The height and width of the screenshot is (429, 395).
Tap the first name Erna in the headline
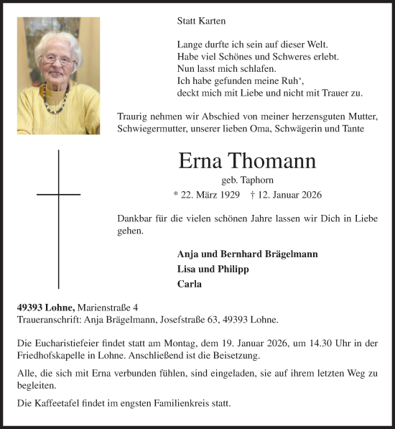tap(200, 162)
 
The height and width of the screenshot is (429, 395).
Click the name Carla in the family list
tap(188, 283)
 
